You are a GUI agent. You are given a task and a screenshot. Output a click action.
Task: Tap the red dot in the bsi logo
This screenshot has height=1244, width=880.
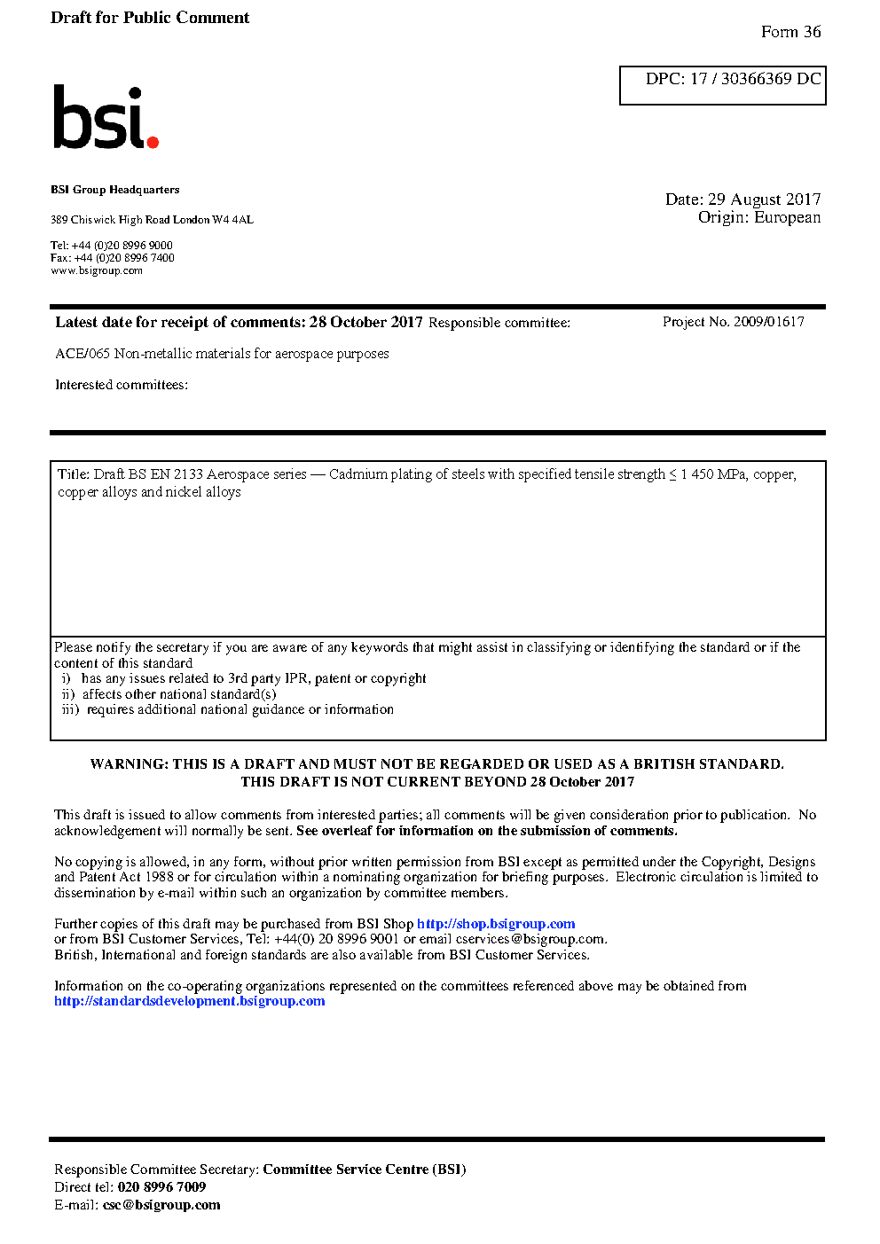(x=153, y=141)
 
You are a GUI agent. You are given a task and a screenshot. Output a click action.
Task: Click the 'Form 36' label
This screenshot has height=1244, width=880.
(x=790, y=32)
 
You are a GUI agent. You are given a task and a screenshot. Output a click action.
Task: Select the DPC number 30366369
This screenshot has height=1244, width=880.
(x=756, y=79)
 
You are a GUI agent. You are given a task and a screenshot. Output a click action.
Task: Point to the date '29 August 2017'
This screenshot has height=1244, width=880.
(x=764, y=200)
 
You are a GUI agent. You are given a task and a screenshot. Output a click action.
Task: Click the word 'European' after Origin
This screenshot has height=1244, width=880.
(x=787, y=217)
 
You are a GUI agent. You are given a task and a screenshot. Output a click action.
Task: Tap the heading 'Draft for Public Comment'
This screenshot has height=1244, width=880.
(x=150, y=18)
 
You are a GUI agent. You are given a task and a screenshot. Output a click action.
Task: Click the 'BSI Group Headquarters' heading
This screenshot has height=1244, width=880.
(x=114, y=190)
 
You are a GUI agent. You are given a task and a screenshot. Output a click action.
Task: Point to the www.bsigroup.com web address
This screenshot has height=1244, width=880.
(x=97, y=270)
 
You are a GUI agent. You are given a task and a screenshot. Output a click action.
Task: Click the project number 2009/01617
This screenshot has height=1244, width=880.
(x=768, y=322)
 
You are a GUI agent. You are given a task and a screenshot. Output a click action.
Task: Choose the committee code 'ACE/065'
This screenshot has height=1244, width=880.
(x=82, y=354)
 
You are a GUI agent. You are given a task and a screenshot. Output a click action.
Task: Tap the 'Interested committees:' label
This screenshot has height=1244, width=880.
(x=122, y=385)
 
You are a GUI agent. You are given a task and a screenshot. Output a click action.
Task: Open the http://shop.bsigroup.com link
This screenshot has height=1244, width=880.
(x=496, y=924)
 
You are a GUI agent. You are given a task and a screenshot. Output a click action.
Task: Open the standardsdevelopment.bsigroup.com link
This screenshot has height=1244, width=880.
(x=189, y=1001)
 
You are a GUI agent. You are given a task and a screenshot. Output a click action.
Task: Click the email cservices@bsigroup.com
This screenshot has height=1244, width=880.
(x=530, y=939)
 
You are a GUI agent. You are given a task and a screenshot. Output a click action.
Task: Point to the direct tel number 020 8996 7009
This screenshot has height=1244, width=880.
(x=161, y=1187)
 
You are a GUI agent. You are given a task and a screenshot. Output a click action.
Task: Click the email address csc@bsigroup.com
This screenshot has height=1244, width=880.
(x=161, y=1205)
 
